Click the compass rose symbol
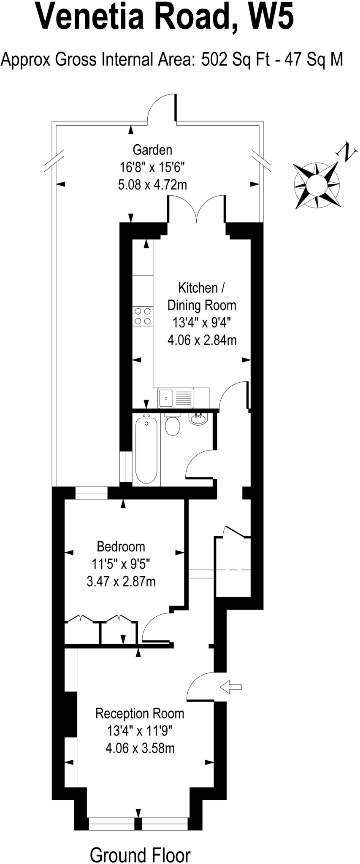[x=317, y=185]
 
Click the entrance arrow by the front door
[x=231, y=687]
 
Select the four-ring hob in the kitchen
[x=143, y=316]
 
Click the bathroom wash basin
[x=197, y=419]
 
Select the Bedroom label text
[x=121, y=547]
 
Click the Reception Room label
[x=140, y=713]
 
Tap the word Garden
[x=152, y=150]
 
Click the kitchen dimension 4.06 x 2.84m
[x=202, y=340]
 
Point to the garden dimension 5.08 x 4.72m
[x=152, y=185]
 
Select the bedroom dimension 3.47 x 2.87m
[x=121, y=582]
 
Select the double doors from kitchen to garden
[x=197, y=209]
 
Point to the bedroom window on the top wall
[x=91, y=493]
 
